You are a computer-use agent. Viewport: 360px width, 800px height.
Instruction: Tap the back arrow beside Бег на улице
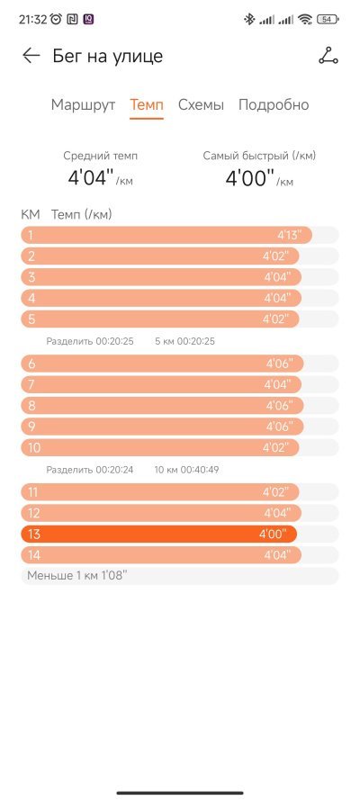point(31,56)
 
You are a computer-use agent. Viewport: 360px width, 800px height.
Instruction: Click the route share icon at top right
point(328,56)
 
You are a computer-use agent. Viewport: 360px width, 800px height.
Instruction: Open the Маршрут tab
point(83,105)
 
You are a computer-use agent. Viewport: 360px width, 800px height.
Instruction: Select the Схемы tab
point(201,105)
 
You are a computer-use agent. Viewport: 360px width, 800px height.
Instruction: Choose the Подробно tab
point(274,105)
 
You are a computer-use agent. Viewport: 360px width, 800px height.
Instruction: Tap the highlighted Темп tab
point(147,105)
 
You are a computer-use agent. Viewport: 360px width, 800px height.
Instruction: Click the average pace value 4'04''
point(90,178)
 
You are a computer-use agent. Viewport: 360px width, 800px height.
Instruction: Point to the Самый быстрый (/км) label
point(259,156)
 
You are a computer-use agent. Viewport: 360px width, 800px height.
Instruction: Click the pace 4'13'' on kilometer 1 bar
point(290,235)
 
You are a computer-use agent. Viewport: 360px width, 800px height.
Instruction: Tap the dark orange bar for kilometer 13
point(158,535)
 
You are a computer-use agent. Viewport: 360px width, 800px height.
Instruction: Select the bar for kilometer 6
point(162,364)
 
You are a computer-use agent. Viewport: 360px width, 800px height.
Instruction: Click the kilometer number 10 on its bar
point(34,448)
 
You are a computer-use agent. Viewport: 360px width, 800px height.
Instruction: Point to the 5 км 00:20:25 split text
point(185,341)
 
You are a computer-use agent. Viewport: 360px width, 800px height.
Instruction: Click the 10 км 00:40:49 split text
point(186,470)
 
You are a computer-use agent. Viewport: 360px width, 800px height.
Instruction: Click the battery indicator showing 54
point(328,20)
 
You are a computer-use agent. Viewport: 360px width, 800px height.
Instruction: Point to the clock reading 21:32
point(32,20)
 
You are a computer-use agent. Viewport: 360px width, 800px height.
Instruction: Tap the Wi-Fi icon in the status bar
point(305,20)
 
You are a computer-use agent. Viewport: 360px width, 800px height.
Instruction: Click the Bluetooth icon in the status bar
point(249,20)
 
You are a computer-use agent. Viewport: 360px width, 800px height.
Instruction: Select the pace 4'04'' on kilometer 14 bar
point(277,555)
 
